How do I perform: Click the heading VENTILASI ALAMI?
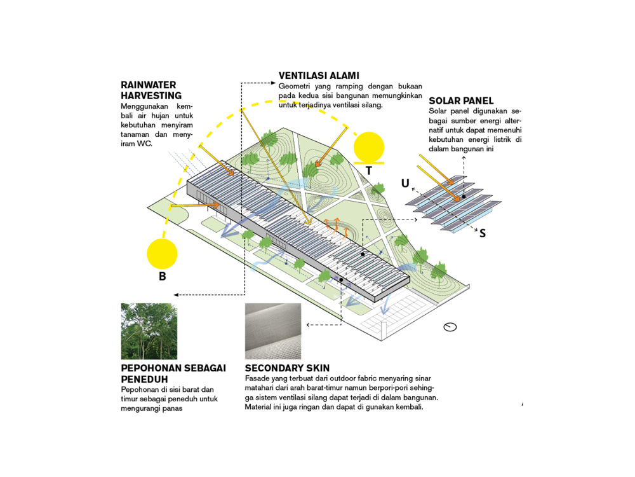(x=319, y=76)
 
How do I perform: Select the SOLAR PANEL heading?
(x=461, y=101)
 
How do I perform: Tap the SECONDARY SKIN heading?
(x=287, y=368)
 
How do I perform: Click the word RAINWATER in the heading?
(x=148, y=85)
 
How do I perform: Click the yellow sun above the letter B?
(x=163, y=254)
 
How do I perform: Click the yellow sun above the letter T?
(x=370, y=146)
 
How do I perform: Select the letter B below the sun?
(x=163, y=277)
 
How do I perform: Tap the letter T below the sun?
(x=369, y=170)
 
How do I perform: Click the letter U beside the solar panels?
(x=405, y=184)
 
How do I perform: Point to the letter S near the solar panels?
(x=483, y=233)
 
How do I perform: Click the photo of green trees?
(x=149, y=331)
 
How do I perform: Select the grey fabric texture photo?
(x=273, y=331)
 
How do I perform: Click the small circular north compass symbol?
(x=450, y=327)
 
